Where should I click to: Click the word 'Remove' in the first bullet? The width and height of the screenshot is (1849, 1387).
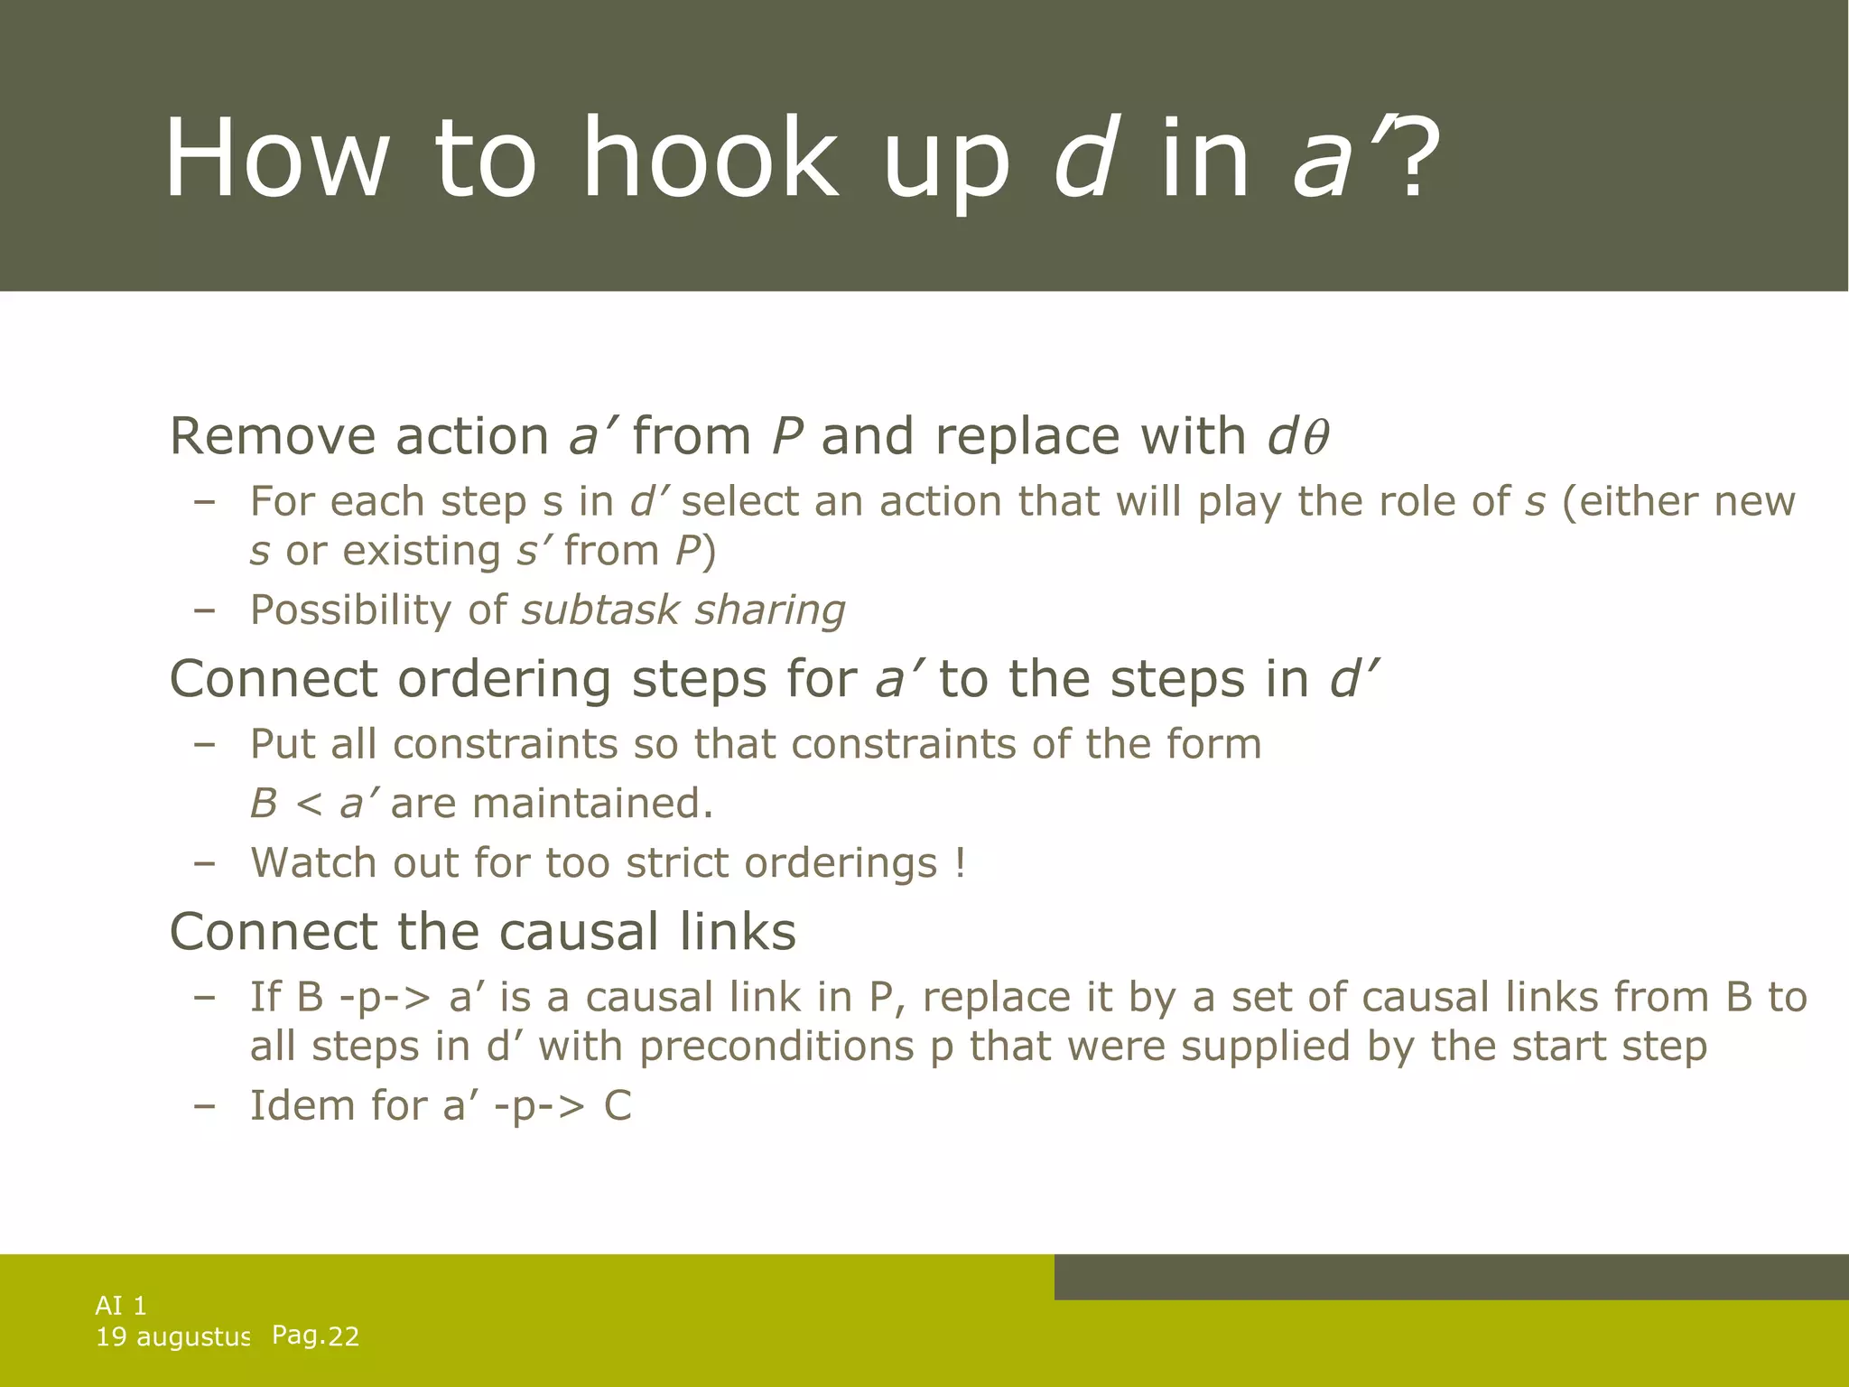pyautogui.click(x=271, y=436)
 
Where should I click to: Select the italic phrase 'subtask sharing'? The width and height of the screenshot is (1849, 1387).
pyautogui.click(x=683, y=610)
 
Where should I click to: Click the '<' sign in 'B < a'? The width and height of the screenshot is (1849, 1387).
pyautogui.click(x=309, y=804)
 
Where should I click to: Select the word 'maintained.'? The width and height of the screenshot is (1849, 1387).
pyautogui.click(x=592, y=803)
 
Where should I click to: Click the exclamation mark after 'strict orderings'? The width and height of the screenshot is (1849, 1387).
pyautogui.click(x=960, y=862)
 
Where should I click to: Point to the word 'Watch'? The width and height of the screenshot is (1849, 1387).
pyautogui.click(x=312, y=862)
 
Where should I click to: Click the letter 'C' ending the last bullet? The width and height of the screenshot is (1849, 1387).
pyautogui.click(x=618, y=1106)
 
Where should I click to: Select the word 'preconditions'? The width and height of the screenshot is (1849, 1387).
pyautogui.click(x=776, y=1047)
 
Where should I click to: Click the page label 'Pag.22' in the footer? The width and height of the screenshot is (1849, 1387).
pyautogui.click(x=315, y=1336)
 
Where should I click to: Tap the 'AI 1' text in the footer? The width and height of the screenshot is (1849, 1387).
pyautogui.click(x=121, y=1306)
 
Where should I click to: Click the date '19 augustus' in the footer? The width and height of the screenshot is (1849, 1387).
pyautogui.click(x=172, y=1337)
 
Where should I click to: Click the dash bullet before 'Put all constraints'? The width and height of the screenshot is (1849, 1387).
pyautogui.click(x=205, y=745)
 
